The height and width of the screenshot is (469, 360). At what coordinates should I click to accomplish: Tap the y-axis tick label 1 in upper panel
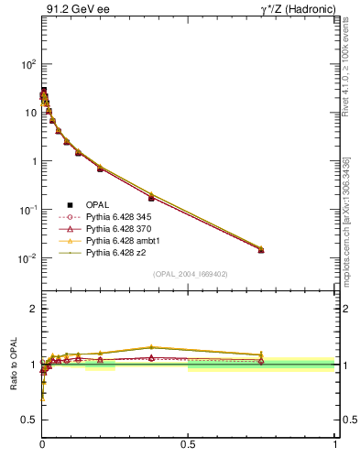pyautogui.click(x=33, y=161)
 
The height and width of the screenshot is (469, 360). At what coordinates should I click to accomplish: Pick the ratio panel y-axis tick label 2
pyautogui.click(x=33, y=309)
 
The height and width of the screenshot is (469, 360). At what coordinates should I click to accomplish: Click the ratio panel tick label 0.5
pyautogui.click(x=29, y=420)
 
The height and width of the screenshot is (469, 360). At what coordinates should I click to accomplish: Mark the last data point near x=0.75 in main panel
pyautogui.click(x=261, y=249)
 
